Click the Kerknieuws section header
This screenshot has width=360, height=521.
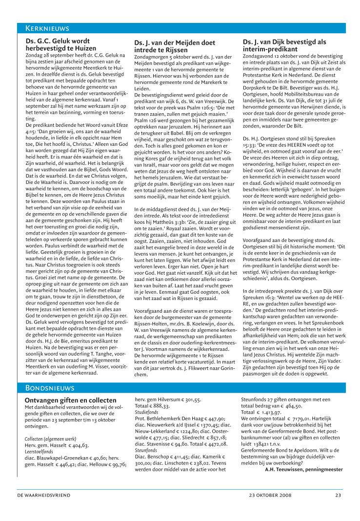point(47,28)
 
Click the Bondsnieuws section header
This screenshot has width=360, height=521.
point(49,388)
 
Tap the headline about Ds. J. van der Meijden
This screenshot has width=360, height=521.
point(174,46)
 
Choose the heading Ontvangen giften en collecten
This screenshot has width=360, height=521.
point(70,401)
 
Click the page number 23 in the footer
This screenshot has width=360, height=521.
point(338,496)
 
